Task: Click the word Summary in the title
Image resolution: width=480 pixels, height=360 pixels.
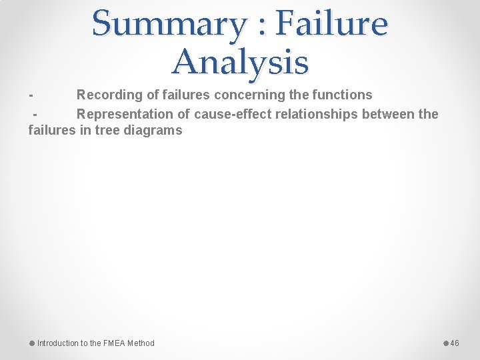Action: point(169,24)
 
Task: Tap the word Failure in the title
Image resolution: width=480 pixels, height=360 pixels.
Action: point(331,24)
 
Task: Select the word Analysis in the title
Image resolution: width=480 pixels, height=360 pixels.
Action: point(240,62)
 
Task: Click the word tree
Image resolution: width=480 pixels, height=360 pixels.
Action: point(109,131)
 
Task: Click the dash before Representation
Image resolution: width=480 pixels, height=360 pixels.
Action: point(37,114)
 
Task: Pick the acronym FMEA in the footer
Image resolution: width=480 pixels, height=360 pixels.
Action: point(114,343)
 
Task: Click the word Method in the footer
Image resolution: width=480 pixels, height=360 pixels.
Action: point(141,343)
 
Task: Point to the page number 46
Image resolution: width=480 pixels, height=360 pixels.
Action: point(455,343)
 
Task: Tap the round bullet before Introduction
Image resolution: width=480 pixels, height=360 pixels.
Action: point(32,343)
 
